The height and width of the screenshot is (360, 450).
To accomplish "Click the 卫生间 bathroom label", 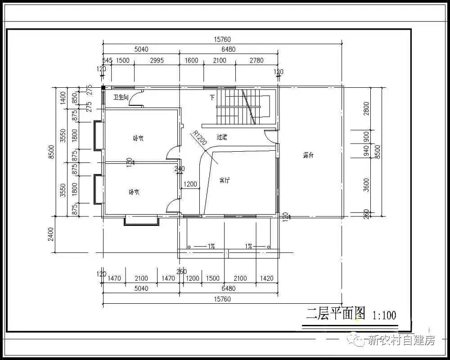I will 121,97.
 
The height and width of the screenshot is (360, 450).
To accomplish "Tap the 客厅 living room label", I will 225,180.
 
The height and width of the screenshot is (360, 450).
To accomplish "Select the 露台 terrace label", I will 308,155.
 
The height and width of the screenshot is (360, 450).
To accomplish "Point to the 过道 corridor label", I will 222,137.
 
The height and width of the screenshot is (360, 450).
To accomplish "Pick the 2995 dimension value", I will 157,60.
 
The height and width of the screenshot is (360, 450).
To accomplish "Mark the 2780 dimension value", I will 256,60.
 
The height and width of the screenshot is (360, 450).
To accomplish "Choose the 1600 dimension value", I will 191,60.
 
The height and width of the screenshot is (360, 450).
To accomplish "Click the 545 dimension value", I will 107,60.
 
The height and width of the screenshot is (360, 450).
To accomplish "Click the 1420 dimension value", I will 266,279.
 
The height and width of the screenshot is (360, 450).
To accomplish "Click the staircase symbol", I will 243,107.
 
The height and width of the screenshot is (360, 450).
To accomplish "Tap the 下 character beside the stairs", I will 212,97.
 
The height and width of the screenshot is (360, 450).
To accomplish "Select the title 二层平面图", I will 336,313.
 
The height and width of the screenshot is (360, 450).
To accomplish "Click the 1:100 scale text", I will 384,315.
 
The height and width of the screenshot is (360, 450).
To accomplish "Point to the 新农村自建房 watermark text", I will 401,340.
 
